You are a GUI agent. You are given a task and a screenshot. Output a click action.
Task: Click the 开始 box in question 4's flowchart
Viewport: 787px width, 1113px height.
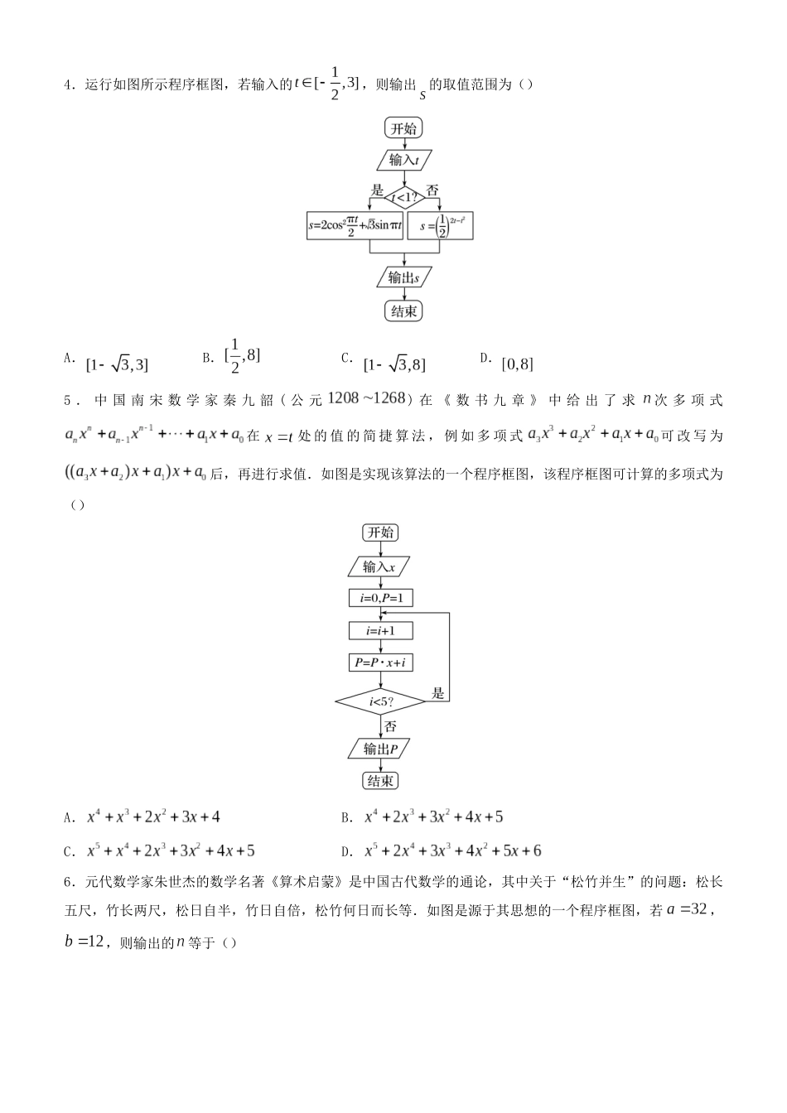[x=403, y=128]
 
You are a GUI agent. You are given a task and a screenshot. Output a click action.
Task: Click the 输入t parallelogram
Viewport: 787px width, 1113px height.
[x=403, y=160]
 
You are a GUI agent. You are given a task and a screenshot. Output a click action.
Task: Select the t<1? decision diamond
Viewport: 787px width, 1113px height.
[x=403, y=196]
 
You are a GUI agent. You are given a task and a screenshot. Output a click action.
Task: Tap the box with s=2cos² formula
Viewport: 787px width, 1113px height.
[x=355, y=226]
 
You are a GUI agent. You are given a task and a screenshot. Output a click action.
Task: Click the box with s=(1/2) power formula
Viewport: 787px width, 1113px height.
[x=441, y=226]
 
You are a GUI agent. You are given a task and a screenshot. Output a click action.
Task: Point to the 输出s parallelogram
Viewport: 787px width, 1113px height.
[x=403, y=277]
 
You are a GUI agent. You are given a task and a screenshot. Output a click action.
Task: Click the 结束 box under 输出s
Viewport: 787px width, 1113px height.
[x=403, y=311]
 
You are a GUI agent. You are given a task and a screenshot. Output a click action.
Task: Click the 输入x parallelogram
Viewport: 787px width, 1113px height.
[x=380, y=566]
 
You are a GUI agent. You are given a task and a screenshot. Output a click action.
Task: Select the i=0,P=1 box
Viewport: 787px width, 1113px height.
[x=380, y=598]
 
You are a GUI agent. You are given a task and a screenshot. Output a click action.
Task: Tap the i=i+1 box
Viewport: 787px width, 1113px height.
[x=380, y=630]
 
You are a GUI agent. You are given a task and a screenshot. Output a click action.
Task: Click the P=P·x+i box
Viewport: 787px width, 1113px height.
[x=380, y=662]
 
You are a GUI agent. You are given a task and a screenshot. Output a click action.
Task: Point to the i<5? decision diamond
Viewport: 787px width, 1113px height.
[x=380, y=702]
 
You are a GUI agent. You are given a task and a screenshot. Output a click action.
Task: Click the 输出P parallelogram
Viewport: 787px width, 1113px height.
[x=380, y=749]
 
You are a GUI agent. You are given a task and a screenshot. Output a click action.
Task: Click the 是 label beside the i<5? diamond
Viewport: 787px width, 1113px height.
[x=438, y=692]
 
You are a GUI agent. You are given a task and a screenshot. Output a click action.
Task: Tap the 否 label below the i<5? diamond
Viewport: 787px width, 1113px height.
[x=390, y=726]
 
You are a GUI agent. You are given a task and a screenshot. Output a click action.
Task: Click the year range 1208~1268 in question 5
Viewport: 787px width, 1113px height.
[x=366, y=398]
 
